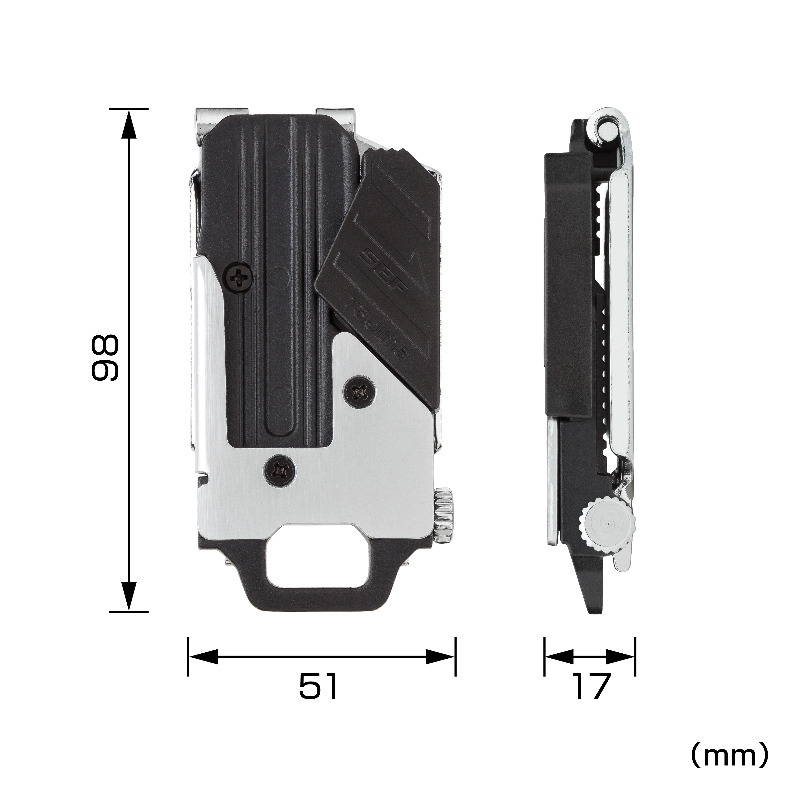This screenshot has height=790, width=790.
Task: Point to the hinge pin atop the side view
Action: tap(606, 130)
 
